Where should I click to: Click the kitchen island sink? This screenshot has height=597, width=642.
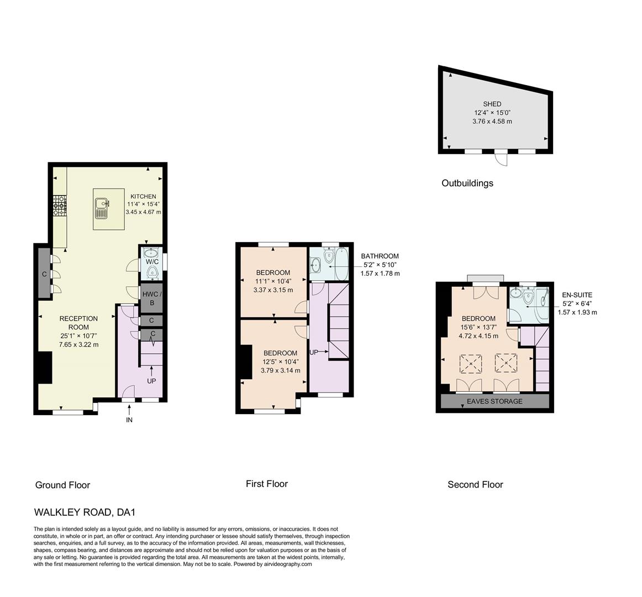pos(102,208)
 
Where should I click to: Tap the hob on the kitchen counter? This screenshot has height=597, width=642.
pos(59,206)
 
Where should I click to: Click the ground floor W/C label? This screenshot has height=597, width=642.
pos(152,261)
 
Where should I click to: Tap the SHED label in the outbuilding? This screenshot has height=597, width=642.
pos(492,104)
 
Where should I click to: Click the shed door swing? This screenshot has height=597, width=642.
pos(501,159)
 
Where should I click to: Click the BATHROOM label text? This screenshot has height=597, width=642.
pos(380,256)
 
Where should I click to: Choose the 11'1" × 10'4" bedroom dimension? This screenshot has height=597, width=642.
pos(273,281)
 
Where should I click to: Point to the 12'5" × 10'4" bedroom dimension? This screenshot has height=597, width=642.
pos(280,362)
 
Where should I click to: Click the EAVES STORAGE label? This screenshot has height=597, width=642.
pos(494,401)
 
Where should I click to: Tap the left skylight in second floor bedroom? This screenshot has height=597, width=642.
pos(470,364)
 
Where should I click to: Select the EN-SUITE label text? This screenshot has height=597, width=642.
pos(577,295)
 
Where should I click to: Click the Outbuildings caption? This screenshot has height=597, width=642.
pos(467,183)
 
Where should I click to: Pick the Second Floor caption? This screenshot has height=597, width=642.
pos(475,485)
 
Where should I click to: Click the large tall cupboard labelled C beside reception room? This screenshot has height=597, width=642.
pos(44,274)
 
